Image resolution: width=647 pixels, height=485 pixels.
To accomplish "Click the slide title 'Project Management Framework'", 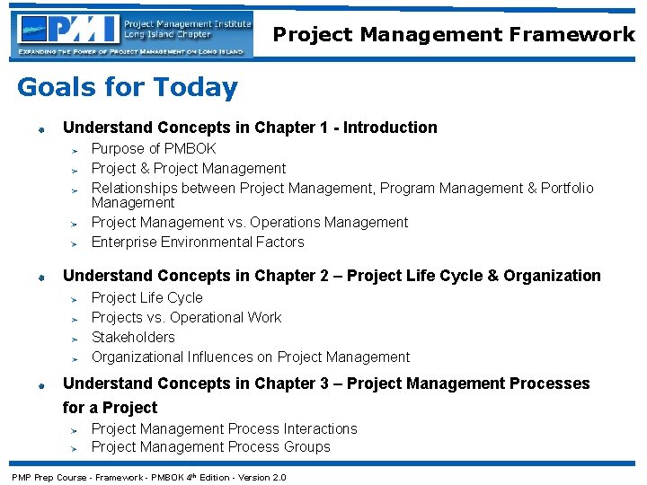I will (x=454, y=34).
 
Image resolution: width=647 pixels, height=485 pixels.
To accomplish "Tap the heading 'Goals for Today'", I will (x=128, y=87).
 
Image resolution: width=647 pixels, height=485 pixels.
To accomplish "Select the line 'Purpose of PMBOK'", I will (x=154, y=148).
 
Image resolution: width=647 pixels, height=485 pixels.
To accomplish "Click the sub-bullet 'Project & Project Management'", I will (x=189, y=168).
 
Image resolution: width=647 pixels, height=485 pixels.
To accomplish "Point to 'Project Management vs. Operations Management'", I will (x=250, y=222).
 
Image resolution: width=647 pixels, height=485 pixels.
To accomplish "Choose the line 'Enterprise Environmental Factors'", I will (x=198, y=242).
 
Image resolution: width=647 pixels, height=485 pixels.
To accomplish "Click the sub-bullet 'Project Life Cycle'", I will (x=147, y=297).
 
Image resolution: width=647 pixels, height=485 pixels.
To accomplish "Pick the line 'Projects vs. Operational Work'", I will (x=186, y=317).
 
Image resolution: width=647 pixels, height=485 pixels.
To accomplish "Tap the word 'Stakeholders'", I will (x=133, y=337).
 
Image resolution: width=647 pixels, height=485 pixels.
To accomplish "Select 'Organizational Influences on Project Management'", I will (x=251, y=357).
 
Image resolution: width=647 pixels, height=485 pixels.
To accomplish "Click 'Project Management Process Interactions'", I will (x=224, y=428).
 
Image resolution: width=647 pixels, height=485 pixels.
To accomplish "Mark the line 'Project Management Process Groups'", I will (x=210, y=446).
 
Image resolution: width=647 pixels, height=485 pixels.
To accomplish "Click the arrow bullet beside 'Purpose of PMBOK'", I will (x=76, y=150).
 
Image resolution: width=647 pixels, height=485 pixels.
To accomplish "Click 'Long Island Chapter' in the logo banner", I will (x=168, y=35).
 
